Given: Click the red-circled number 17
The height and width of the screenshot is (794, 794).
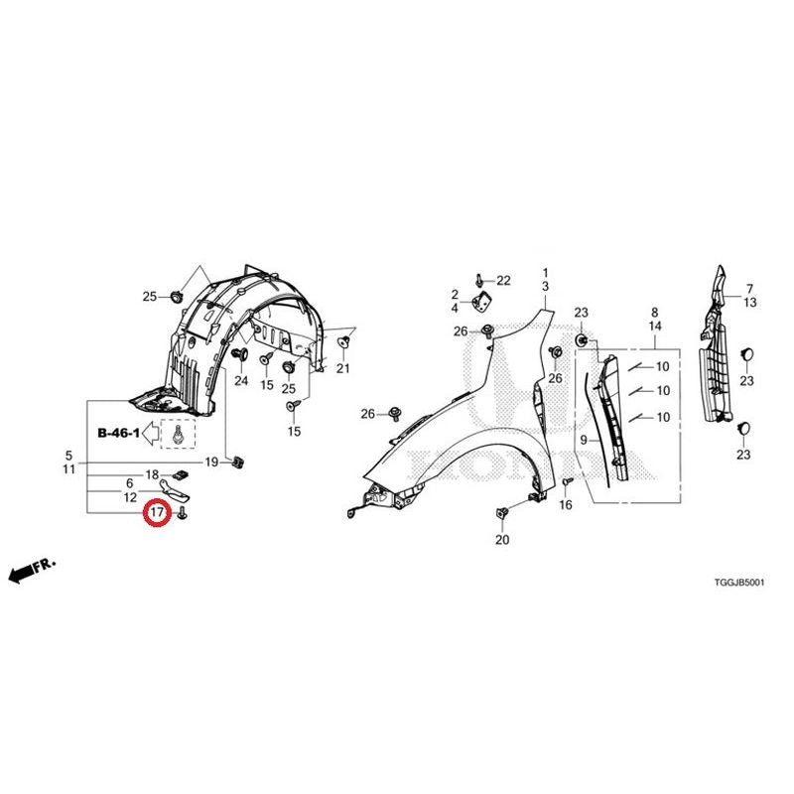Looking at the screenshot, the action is (x=157, y=512).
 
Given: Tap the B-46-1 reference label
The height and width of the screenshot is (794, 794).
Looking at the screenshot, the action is (x=118, y=433).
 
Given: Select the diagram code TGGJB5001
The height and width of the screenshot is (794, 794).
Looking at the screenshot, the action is (x=738, y=583).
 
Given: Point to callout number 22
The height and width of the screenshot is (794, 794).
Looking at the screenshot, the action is (x=503, y=280).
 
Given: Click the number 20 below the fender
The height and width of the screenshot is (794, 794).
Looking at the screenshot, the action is (x=502, y=540).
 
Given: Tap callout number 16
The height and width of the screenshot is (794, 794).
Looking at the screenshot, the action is (x=565, y=504).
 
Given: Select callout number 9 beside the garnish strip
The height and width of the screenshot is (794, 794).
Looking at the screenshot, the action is (x=584, y=440).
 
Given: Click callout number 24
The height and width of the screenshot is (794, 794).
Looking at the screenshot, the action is (x=241, y=380).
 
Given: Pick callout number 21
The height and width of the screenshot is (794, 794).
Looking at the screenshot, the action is (x=342, y=368).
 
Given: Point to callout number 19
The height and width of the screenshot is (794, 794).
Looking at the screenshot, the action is (x=211, y=462).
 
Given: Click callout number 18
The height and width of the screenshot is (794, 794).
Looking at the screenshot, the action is (x=152, y=474).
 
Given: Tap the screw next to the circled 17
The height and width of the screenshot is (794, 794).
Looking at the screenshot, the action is (x=183, y=512).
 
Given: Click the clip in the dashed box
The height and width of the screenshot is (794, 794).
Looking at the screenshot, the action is (x=178, y=435).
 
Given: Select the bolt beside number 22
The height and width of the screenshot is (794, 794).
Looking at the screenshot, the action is (x=479, y=279).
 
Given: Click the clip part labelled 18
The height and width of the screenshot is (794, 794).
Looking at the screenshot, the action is (x=181, y=474).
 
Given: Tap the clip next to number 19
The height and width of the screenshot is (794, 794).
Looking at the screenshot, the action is (x=237, y=462).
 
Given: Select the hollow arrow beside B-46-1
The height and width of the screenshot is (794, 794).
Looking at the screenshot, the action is (x=151, y=434).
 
